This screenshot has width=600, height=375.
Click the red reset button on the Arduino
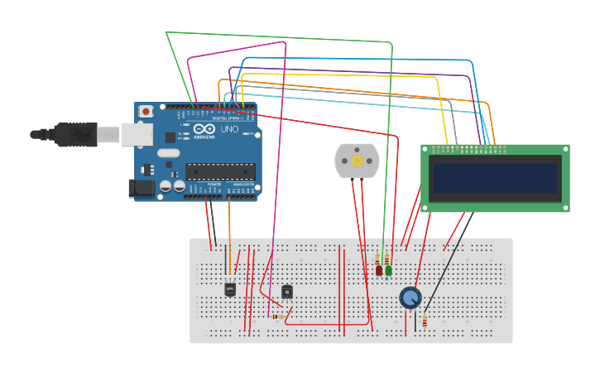tap(146, 111)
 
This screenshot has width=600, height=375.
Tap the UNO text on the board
tap(228, 130)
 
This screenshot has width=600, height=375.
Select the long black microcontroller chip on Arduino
tap(220, 171)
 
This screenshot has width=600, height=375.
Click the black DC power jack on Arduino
tap(142, 188)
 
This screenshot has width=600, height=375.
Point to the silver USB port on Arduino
tap(137, 134)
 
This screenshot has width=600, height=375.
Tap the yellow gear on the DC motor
tap(357, 161)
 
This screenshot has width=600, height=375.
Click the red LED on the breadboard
tap(379, 270)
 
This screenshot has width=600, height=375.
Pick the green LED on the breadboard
tap(388, 270)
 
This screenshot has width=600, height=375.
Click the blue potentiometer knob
tap(410, 297)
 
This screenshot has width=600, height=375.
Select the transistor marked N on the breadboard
tap(287, 291)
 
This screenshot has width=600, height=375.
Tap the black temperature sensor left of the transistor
tap(230, 289)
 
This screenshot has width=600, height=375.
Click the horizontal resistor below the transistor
tap(278, 316)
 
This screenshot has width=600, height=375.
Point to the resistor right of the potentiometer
tap(425, 322)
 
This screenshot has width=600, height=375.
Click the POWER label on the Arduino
tap(214, 185)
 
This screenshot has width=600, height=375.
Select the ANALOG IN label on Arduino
tap(243, 185)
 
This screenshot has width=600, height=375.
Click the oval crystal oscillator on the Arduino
tap(168, 152)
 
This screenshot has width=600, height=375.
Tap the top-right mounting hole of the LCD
tap(566, 149)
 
